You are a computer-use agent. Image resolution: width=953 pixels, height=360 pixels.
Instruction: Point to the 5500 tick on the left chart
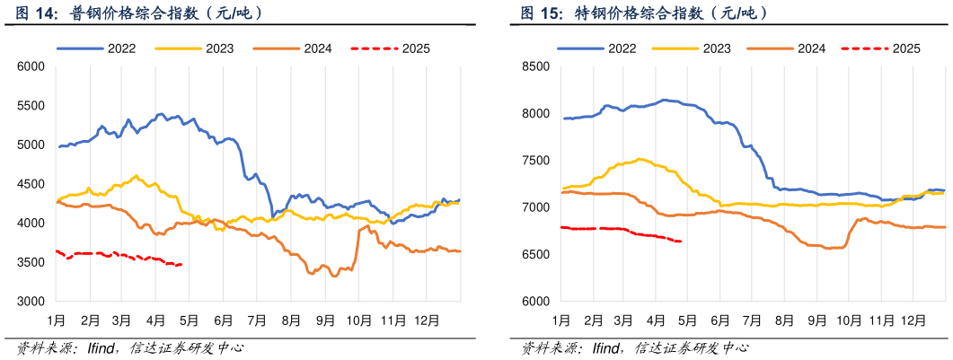point(31,105)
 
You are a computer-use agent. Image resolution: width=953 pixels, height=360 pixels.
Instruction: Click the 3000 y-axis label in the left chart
point(31,302)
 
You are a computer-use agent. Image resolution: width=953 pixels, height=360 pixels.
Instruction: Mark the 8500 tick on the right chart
point(535,66)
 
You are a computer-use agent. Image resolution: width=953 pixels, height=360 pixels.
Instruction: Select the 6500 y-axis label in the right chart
point(535,255)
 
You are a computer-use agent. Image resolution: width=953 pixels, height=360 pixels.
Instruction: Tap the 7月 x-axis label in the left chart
point(258,320)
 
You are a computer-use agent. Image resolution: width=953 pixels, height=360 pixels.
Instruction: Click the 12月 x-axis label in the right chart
point(913,320)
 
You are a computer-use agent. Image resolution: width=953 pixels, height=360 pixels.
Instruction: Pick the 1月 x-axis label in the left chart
point(56,320)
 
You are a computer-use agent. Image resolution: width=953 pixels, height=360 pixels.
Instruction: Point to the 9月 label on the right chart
point(816,320)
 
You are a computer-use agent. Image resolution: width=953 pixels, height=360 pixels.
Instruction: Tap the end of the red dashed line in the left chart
point(182,264)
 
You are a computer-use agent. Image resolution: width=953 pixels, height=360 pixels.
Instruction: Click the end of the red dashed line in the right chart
point(681,241)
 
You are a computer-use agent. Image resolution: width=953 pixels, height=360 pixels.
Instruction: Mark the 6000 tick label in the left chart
point(31,66)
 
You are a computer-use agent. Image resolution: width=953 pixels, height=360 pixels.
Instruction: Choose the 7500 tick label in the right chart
point(535,161)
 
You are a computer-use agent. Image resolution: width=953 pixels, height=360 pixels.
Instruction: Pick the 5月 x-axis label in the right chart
point(688,320)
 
